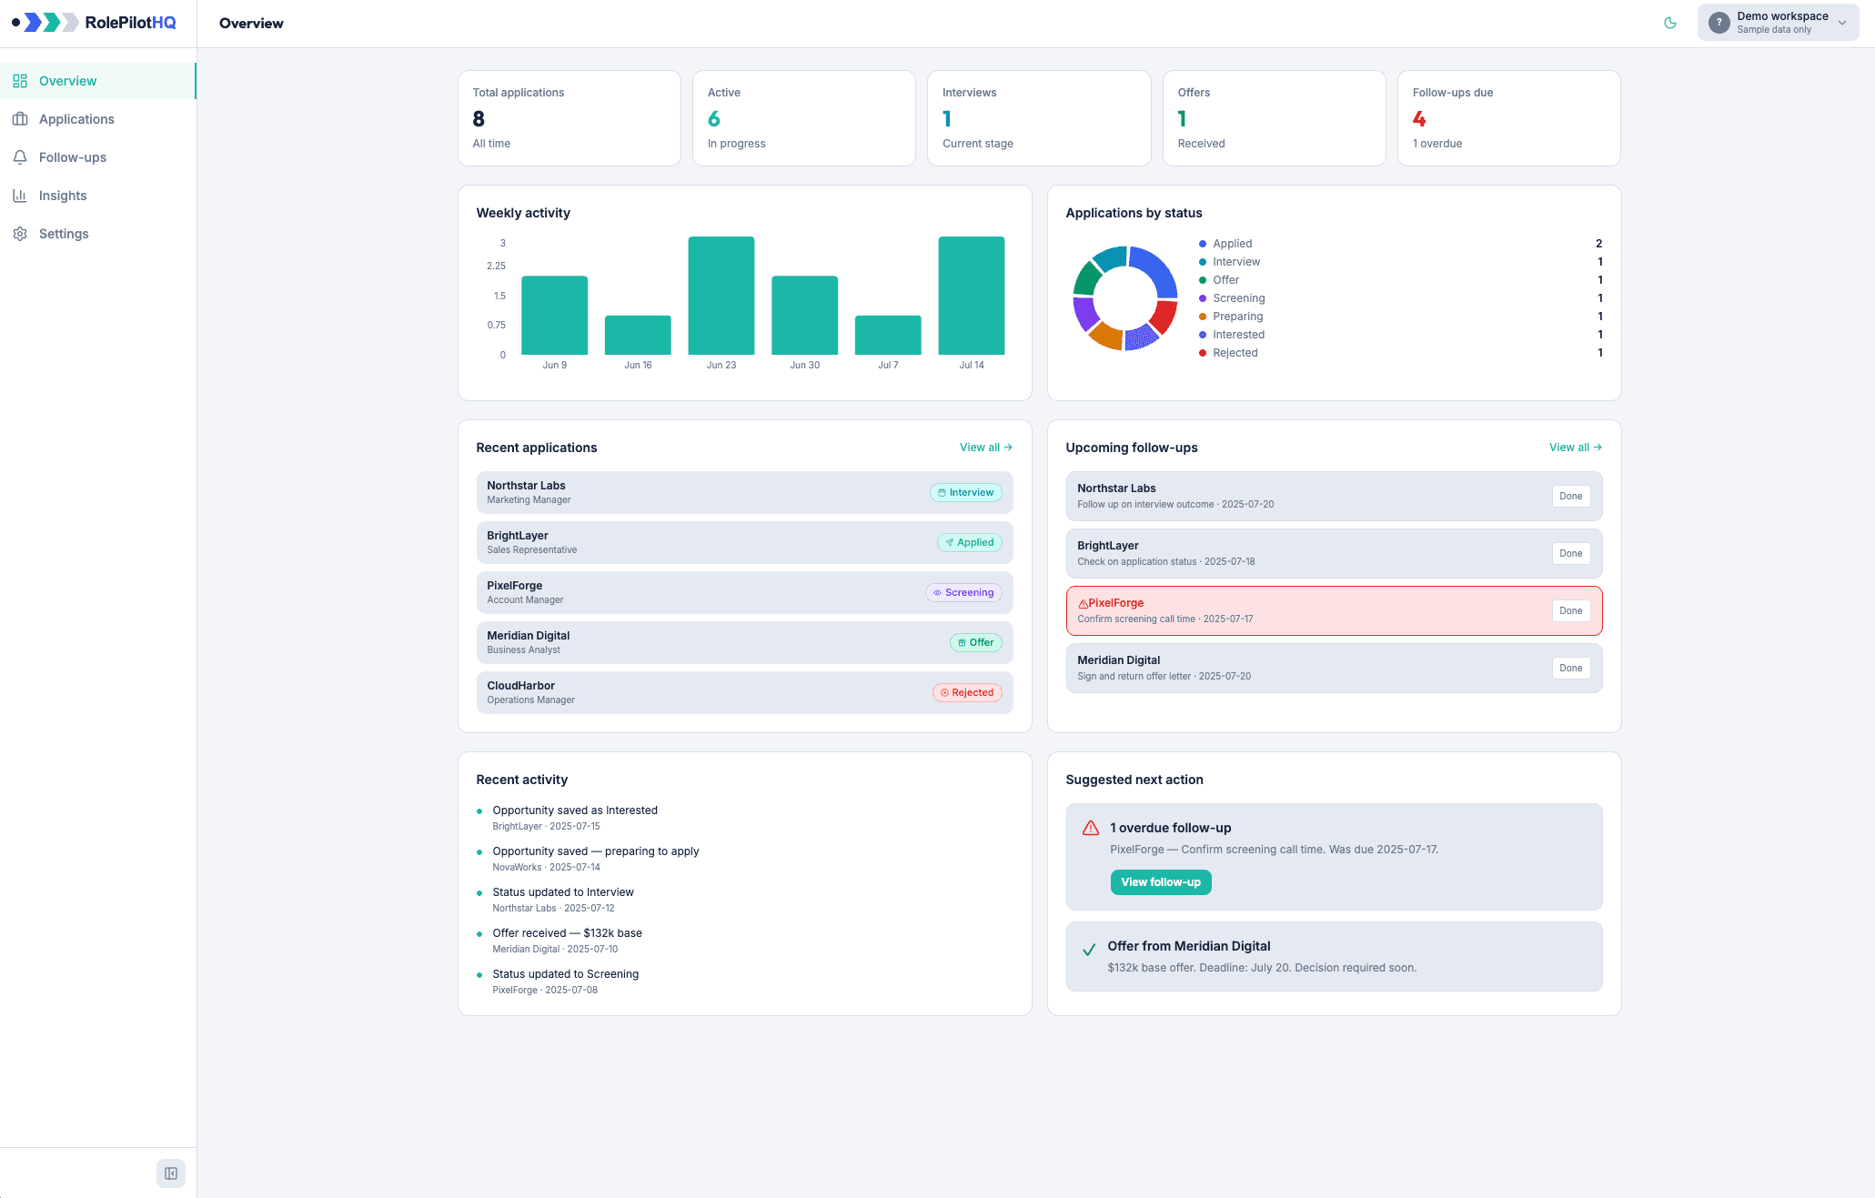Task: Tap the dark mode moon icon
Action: click(1670, 23)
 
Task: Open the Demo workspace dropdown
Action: click(1778, 23)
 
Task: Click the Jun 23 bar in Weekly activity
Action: click(721, 296)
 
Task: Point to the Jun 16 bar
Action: click(638, 335)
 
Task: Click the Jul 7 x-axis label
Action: click(888, 365)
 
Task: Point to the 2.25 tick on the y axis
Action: click(496, 266)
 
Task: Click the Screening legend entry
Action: click(1238, 298)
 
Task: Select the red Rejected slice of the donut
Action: click(1164, 316)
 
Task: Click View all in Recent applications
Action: click(986, 448)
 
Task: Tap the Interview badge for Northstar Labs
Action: click(966, 493)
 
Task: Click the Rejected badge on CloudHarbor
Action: click(967, 693)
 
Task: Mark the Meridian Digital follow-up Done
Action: click(1571, 669)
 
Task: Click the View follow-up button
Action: click(1161, 882)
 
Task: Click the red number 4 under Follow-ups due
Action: click(1419, 119)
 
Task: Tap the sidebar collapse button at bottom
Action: click(171, 1173)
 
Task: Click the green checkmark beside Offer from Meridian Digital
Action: click(1089, 950)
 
